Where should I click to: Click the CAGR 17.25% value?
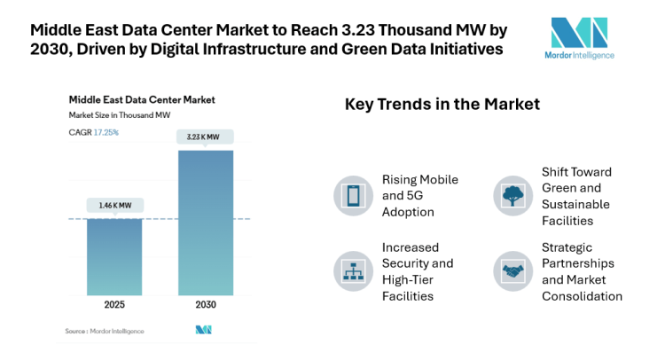(106, 132)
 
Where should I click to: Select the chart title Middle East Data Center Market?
(141, 99)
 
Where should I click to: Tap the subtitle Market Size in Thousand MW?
(120, 116)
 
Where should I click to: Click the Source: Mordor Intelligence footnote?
(104, 331)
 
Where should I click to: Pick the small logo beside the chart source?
(204, 331)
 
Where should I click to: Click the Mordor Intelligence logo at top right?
(579, 41)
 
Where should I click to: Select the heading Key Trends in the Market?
(442, 105)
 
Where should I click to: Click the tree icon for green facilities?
(511, 194)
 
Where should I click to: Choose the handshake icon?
(511, 270)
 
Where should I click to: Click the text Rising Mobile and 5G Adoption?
(419, 195)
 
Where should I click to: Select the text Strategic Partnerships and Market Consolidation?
(582, 270)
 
